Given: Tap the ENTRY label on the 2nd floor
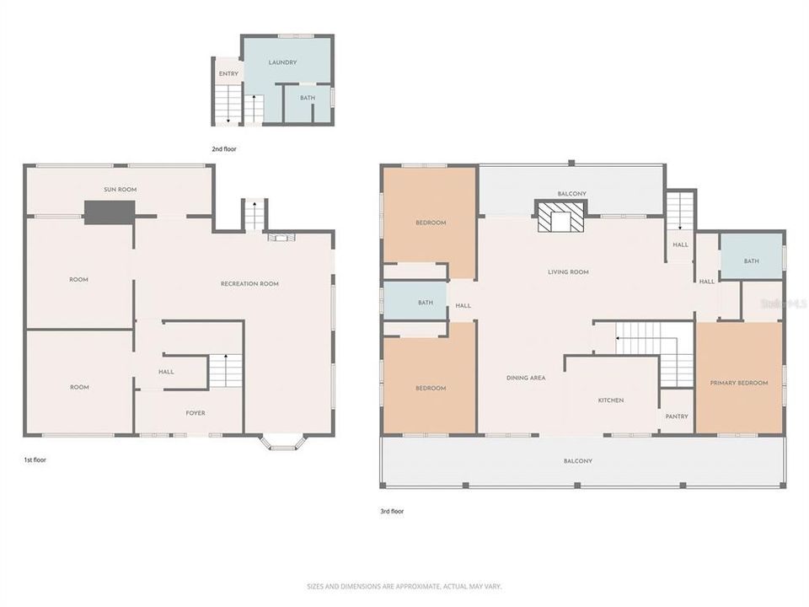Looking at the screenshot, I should click(x=228, y=74).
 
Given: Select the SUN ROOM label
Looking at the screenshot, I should click(x=120, y=190).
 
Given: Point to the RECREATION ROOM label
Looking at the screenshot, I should click(x=249, y=284).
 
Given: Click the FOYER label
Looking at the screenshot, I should click(x=195, y=413).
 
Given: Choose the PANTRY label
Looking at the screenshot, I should click(x=677, y=416).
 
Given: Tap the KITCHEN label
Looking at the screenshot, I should click(x=611, y=400).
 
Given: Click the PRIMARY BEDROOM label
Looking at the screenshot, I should click(x=739, y=383).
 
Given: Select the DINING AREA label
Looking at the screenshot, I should click(x=526, y=378).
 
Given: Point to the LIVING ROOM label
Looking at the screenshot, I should click(x=568, y=272).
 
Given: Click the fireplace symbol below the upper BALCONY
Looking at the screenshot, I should click(x=562, y=217).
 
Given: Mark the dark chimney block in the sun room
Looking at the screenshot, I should click(x=110, y=212).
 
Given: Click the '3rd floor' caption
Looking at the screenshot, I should click(x=393, y=511).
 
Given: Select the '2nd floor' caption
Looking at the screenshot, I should click(x=224, y=149).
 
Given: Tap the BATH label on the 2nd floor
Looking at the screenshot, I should click(x=308, y=98).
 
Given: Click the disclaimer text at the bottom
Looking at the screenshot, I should click(x=404, y=586).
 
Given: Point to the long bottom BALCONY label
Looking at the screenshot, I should click(x=578, y=461).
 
